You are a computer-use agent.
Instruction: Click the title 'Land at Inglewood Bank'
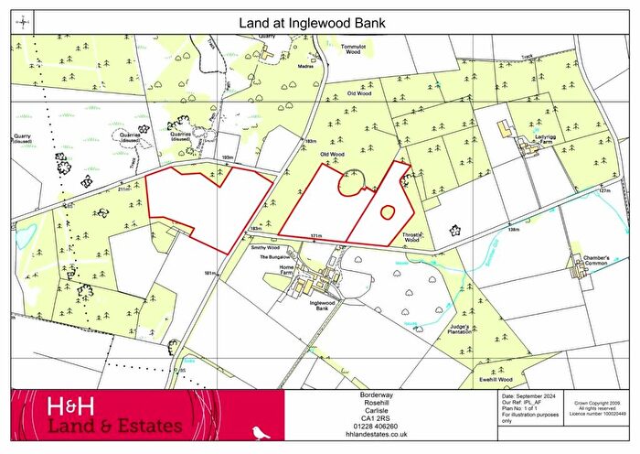click(320, 19)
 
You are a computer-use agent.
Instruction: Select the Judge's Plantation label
click(459, 330)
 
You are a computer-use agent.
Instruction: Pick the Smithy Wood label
click(265, 247)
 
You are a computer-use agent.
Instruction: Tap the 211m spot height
click(124, 190)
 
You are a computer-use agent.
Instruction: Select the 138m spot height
click(514, 230)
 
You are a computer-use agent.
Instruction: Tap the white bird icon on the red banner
click(265, 428)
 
